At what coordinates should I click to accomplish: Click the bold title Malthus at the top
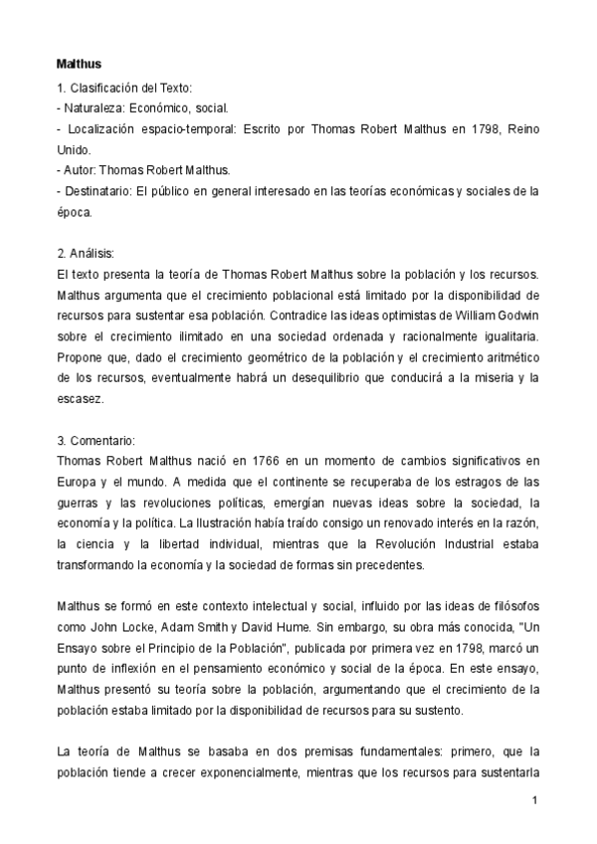click(x=79, y=64)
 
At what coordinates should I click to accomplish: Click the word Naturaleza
click(x=94, y=109)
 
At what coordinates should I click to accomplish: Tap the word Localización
click(x=105, y=130)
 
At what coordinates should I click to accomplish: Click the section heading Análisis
click(x=96, y=253)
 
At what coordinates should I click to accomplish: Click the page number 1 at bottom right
click(x=535, y=800)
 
